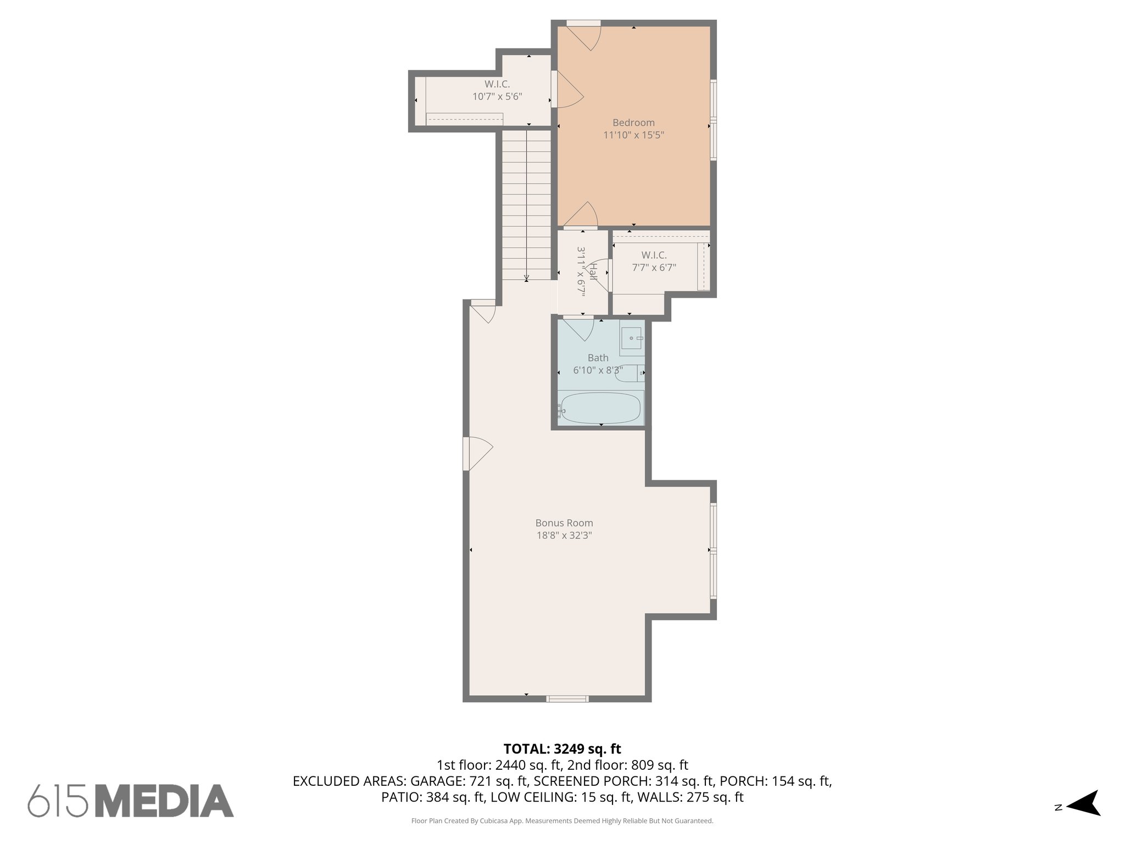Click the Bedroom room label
click(633, 123)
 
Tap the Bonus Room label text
click(564, 523)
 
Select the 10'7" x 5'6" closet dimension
click(497, 97)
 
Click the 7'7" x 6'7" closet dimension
click(654, 268)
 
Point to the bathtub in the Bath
click(600, 408)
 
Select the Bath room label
click(598, 358)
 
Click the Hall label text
click(593, 271)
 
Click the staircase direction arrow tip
click(527, 279)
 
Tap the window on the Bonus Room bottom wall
click(567, 699)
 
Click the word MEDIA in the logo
click(165, 801)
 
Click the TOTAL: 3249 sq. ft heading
click(562, 749)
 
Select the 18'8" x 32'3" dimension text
click(564, 535)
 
